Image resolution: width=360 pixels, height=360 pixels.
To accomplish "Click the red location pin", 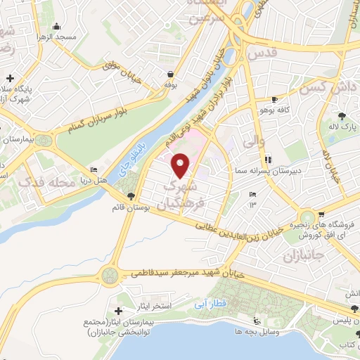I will (x=181, y=166).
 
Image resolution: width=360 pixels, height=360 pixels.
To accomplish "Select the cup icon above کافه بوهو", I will (x=274, y=99).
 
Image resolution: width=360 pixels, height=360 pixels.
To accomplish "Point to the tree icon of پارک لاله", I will (x=342, y=115).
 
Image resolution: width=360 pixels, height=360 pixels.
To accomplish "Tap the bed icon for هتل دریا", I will (x=94, y=169).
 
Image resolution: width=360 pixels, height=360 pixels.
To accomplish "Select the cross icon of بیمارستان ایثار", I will (x=118, y=311).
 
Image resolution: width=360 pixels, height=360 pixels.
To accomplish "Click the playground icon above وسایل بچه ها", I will (x=257, y=321).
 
